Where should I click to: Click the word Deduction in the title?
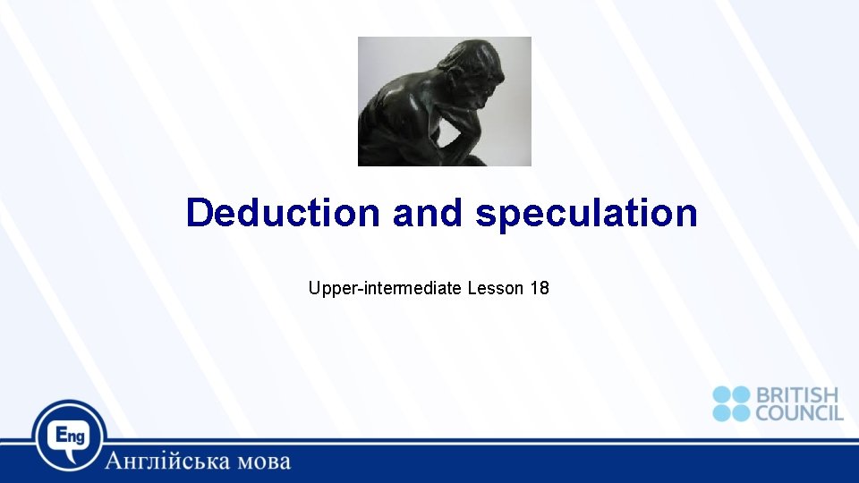pos(283,214)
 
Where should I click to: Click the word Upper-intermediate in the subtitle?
pos(385,289)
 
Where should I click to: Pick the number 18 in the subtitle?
pos(540,289)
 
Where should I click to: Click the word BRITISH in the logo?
pos(797,395)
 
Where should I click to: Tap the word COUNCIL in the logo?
pos(799,412)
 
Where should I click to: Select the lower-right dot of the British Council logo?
pos(742,412)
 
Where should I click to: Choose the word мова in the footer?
pos(261,462)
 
